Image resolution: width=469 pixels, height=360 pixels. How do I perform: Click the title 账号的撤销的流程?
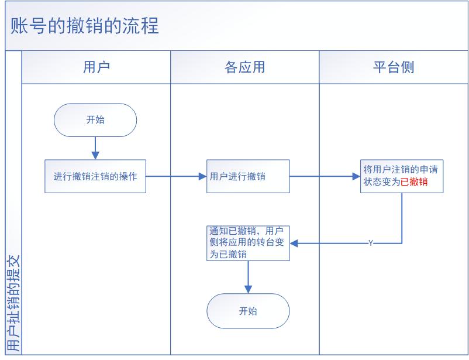point(85,26)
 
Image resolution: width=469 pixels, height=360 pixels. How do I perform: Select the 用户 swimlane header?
point(96,67)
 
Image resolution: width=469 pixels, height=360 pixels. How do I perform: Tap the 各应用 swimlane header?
point(244,67)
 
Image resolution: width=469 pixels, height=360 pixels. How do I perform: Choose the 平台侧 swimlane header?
point(393,67)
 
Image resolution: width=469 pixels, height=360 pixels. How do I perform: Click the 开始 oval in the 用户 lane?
point(95,120)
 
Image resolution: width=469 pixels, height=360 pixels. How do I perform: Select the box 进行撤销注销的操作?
point(95,176)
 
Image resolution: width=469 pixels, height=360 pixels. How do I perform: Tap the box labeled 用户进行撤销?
point(248,176)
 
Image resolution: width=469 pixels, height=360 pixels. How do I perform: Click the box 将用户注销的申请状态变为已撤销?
point(401,176)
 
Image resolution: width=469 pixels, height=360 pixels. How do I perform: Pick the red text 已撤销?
point(414,182)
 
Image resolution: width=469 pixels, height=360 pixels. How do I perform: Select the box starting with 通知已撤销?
point(248,243)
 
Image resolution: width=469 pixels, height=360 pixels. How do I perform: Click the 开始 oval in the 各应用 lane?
point(248,311)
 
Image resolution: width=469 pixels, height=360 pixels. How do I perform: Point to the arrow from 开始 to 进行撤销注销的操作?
point(95,148)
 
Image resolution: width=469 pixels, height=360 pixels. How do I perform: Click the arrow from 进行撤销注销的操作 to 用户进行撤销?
point(175,176)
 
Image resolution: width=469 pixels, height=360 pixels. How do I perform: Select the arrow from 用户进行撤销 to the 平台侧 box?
point(325,176)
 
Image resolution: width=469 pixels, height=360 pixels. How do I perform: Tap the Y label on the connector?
point(370,243)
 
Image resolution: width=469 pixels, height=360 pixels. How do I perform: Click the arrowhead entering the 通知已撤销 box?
point(294,243)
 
